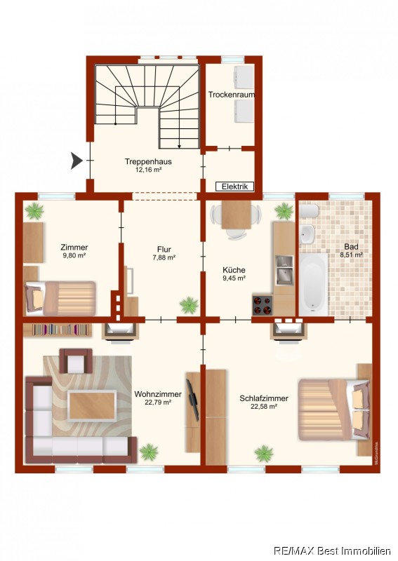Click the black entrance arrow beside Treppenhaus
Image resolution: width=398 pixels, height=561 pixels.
[x=77, y=161]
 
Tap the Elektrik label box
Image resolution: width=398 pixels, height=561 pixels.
[x=234, y=187]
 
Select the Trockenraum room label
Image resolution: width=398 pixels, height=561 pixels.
[x=232, y=95]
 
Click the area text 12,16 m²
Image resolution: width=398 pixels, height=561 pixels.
[x=148, y=170]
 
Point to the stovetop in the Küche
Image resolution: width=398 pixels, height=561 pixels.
[x=263, y=305]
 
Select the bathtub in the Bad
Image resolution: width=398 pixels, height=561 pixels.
[x=314, y=285]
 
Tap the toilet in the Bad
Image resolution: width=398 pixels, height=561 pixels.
[x=309, y=211]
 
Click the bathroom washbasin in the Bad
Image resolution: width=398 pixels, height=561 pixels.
[x=307, y=234]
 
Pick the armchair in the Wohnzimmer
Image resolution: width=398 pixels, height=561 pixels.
[x=76, y=360]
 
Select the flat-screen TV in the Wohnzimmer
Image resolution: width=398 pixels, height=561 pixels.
[x=192, y=399]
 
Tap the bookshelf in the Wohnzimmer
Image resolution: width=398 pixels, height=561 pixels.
[x=58, y=330]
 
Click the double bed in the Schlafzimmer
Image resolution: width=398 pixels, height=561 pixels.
[x=334, y=409]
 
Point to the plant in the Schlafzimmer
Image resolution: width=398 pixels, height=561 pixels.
[x=264, y=453]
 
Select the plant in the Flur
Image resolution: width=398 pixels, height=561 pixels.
[x=189, y=305]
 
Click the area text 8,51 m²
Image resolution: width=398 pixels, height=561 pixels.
[x=352, y=255]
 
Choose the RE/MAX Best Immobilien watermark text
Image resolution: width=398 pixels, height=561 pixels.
[x=332, y=550]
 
